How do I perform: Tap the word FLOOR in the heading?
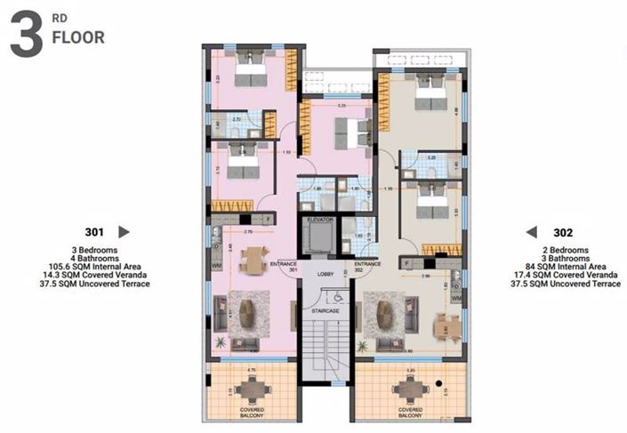[78, 38]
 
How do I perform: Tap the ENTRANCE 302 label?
[367, 266]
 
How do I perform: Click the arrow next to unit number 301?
[124, 231]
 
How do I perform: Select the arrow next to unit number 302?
[531, 231]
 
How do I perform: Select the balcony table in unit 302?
[408, 386]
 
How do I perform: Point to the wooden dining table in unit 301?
[253, 259]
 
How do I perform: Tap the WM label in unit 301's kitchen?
[216, 266]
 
